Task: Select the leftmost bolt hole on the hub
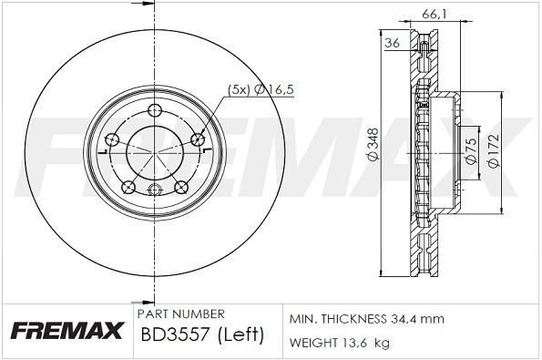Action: pyautogui.click(x=113, y=139)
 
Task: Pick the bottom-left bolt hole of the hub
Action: pyautogui.click(x=128, y=189)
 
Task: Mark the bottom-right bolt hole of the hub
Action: pyautogui.click(x=180, y=189)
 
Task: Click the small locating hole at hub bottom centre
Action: pyautogui.click(x=155, y=190)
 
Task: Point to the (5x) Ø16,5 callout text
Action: pyautogui.click(x=259, y=88)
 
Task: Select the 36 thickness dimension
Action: pyautogui.click(x=393, y=43)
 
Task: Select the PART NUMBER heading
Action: pyautogui.click(x=176, y=313)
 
